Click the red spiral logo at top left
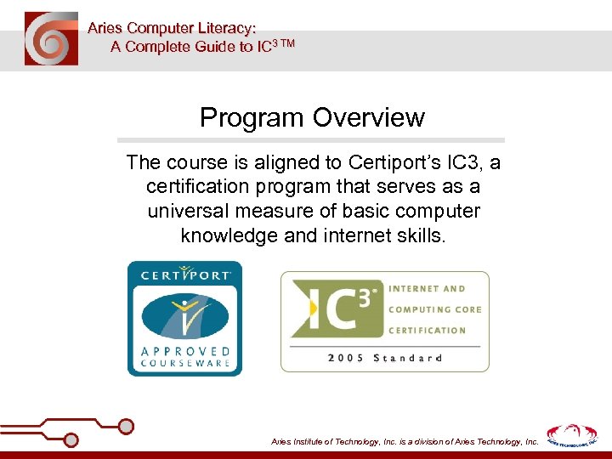(51, 39)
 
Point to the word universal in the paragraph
(187, 211)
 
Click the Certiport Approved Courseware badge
(184, 319)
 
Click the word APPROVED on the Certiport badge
(184, 350)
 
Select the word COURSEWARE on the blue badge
(184, 364)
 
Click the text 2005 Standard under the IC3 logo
(384, 358)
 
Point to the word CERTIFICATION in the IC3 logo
(428, 330)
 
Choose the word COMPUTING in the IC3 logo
(435, 309)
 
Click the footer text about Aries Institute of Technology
(404, 442)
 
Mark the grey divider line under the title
(310, 140)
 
